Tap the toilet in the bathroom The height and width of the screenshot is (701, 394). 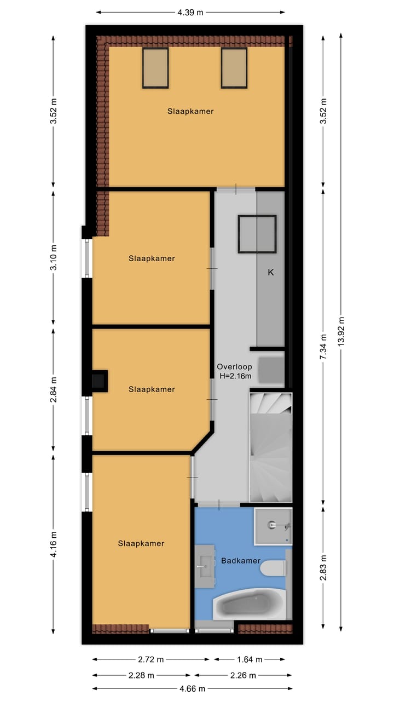[272, 568]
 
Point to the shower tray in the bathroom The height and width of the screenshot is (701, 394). [273, 526]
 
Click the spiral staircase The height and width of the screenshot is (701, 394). [270, 447]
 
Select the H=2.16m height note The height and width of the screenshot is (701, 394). [234, 376]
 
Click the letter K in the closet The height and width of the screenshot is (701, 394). [270, 272]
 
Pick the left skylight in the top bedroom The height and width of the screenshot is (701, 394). [155, 68]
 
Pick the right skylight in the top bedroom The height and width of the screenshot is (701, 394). [234, 68]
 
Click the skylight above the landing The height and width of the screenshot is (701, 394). [257, 234]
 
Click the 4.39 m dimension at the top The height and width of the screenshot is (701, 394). [190, 12]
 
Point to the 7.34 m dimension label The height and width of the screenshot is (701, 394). [323, 347]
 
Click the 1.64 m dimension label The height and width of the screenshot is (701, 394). [249, 659]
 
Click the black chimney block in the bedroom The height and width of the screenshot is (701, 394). [99, 380]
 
